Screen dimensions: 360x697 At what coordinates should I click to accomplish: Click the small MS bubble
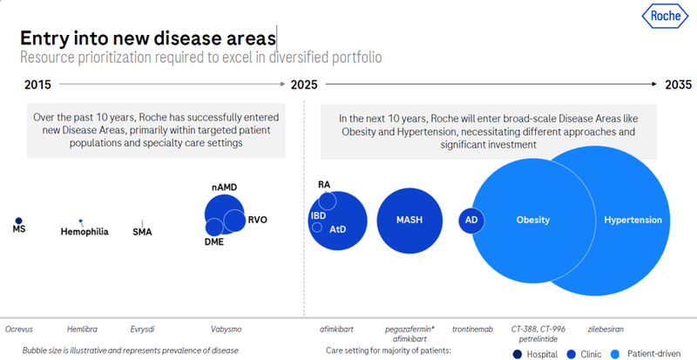pyautogui.click(x=18, y=221)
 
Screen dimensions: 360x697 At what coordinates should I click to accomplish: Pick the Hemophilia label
pyautogui.click(x=85, y=232)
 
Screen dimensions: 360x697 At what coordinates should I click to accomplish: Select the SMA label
pyautogui.click(x=142, y=232)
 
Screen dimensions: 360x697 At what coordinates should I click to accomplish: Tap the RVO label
pyautogui.click(x=258, y=220)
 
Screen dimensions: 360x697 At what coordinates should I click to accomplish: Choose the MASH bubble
pyautogui.click(x=410, y=220)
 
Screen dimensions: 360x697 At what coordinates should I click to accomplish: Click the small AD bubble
pyautogui.click(x=471, y=220)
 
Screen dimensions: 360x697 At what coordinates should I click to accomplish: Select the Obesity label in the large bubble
pyautogui.click(x=533, y=220)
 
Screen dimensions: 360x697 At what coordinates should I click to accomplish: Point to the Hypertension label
pyautogui.click(x=634, y=220)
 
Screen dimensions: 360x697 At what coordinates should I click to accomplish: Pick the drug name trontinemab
pyautogui.click(x=470, y=329)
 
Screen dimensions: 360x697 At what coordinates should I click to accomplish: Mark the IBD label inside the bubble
pyautogui.click(x=319, y=214)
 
